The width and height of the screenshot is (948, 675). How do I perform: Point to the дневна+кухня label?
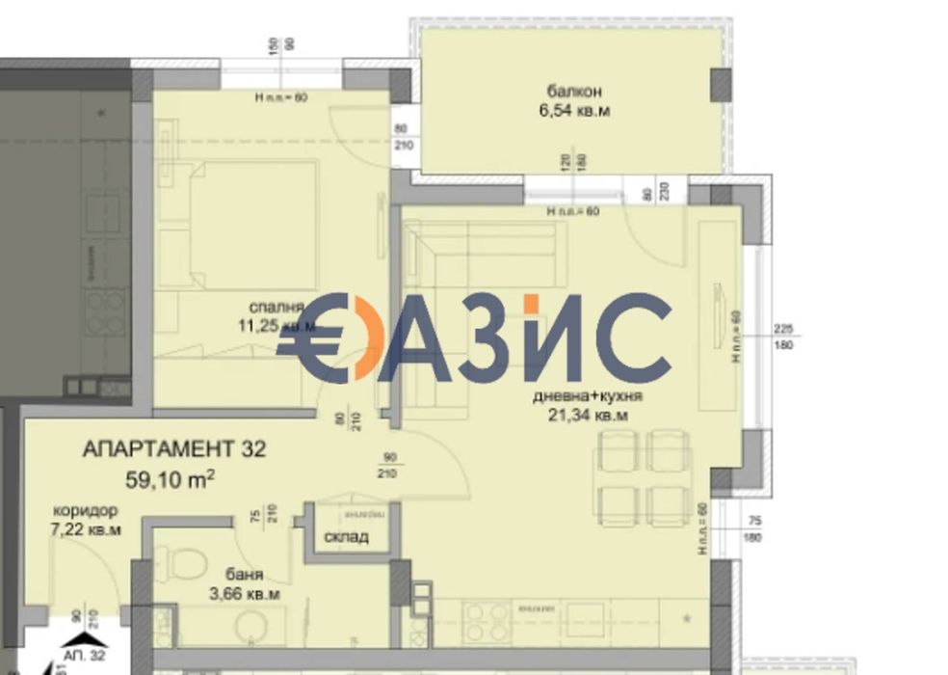click(588, 396)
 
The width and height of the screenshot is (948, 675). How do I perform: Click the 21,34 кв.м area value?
click(587, 416)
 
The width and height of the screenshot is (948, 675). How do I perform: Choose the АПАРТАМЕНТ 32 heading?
click(173, 449)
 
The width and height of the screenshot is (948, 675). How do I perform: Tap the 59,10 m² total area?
click(170, 475)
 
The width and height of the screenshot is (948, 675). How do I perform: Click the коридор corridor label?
click(85, 511)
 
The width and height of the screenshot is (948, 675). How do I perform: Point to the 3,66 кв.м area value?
click(246, 595)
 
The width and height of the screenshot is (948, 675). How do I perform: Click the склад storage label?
click(347, 537)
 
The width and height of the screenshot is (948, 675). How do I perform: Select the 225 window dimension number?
click(783, 328)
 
